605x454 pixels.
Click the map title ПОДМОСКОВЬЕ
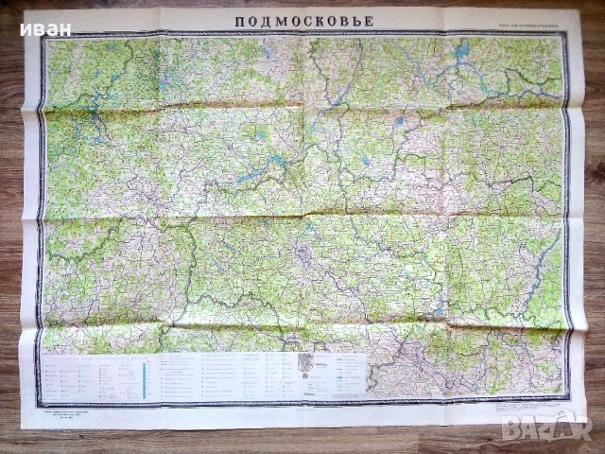click(305, 20)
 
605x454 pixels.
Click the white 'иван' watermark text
click(48, 28)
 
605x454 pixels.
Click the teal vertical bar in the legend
click(144, 371)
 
